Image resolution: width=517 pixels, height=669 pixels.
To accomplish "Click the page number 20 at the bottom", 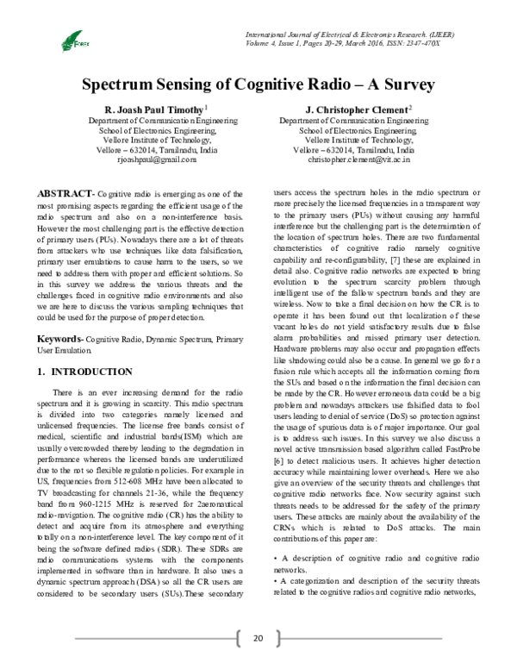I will point(257,638).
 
